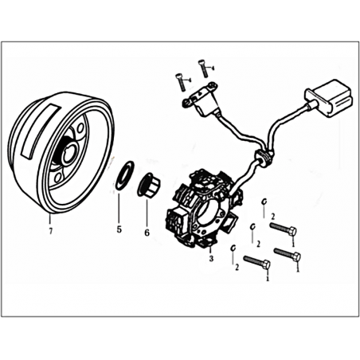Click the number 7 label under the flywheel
51,231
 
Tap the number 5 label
119,229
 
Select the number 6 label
147,233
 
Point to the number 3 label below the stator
211,258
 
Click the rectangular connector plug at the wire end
329,98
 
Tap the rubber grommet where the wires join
264,157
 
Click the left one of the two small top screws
180,83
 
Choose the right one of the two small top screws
203,68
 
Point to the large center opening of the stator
209,210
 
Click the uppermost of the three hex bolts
284,229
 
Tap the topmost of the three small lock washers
264,202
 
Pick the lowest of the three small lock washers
233,248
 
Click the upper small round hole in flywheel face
80,129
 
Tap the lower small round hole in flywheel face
59,177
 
